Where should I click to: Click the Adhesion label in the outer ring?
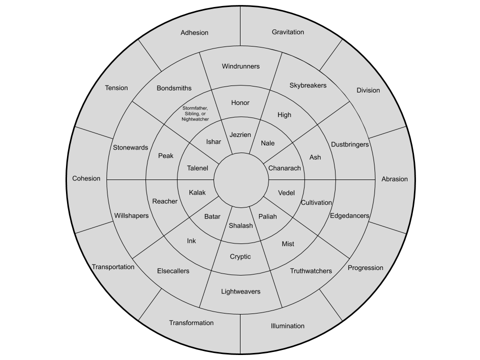(x=194, y=33)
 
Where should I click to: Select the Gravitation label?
(x=288, y=32)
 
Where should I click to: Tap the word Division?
(x=368, y=90)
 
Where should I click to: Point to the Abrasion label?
(x=394, y=179)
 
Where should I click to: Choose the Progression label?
(x=365, y=267)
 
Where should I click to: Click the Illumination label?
(x=287, y=326)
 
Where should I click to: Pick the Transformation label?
(x=191, y=323)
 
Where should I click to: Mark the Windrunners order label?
(x=241, y=66)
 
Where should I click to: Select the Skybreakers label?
(x=308, y=85)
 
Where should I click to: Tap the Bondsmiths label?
(x=174, y=88)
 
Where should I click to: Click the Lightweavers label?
(x=241, y=291)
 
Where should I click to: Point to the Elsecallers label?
(x=173, y=271)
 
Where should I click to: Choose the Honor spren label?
(x=240, y=103)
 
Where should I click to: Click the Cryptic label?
(x=240, y=256)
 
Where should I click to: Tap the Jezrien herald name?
(x=240, y=135)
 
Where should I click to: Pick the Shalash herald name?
(x=240, y=225)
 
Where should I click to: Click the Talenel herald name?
(x=197, y=168)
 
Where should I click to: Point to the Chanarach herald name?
(x=285, y=168)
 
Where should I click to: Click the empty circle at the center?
(x=240, y=179)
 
